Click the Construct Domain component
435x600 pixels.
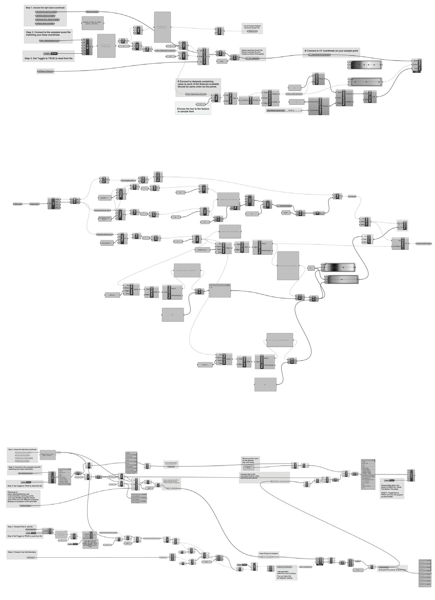coord(320,106)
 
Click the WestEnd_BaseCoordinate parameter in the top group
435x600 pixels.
coord(45,23)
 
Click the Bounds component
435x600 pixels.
coord(251,100)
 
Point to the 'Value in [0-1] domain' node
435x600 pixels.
coord(294,94)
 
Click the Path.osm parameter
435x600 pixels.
coord(18,204)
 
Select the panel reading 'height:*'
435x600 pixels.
coord(105,198)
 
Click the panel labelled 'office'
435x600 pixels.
coord(112,295)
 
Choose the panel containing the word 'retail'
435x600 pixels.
coord(205,365)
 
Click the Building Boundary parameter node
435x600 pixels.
coord(128,180)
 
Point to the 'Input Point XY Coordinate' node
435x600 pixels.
coord(320,55)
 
